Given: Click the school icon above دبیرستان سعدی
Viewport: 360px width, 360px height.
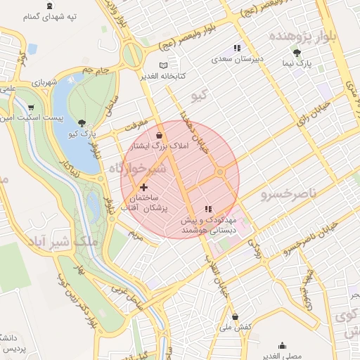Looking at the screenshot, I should (237, 49).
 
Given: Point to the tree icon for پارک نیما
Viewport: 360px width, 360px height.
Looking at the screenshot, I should (297, 53).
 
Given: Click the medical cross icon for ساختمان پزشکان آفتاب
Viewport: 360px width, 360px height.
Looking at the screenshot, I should (144, 187).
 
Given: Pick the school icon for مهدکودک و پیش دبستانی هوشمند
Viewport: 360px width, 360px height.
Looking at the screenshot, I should (207, 209).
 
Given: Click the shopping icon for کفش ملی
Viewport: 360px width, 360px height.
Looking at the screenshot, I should (234, 316).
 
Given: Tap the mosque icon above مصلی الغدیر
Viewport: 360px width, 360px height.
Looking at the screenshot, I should (282, 345).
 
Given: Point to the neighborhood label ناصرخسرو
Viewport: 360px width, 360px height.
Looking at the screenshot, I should (289, 192).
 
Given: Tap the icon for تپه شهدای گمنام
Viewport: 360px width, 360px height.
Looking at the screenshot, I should (49, 6).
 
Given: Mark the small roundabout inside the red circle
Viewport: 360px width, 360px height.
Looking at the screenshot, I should (220, 172).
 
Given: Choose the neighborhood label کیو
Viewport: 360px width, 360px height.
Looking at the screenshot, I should (200, 94).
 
